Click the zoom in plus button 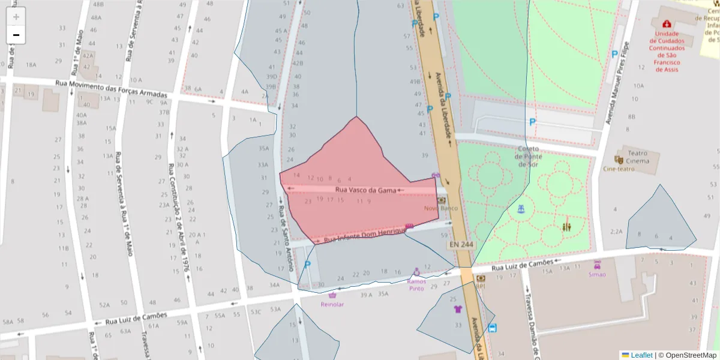(16, 17)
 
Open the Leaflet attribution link (641, 355)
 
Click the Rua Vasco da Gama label (365, 190)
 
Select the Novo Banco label (441, 208)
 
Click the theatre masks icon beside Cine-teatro (619, 160)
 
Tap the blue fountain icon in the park (521, 209)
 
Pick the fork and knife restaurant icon (567, 227)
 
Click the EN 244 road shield (461, 245)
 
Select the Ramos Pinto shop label (416, 284)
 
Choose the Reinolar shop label (332, 304)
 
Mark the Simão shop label (597, 274)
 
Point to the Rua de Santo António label (285, 238)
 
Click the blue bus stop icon (492, 328)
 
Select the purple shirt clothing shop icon (458, 310)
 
